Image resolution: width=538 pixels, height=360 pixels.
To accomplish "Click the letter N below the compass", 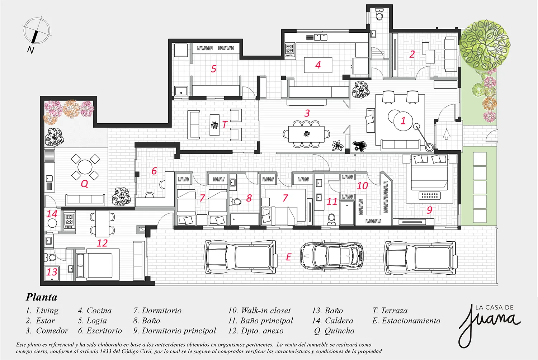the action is (x=30, y=50).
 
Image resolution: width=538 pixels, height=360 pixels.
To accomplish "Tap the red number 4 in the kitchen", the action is (x=318, y=65).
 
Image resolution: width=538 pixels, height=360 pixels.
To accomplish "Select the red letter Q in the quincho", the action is (x=84, y=184).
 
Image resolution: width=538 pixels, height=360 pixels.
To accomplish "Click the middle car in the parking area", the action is (x=331, y=256).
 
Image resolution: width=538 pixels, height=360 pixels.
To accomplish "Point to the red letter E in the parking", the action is (x=288, y=257).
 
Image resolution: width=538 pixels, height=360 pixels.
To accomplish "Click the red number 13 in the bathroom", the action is (x=52, y=272).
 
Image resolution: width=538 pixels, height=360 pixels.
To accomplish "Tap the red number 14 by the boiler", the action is (x=52, y=214).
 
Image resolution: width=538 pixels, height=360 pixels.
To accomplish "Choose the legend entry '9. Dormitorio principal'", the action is (x=175, y=331).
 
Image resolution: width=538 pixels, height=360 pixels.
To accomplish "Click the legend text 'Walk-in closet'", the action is (x=266, y=311).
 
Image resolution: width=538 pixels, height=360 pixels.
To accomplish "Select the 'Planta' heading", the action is (x=42, y=297).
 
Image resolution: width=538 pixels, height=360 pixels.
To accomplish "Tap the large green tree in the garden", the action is (x=485, y=45).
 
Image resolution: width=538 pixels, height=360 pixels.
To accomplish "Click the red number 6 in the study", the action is (x=154, y=171).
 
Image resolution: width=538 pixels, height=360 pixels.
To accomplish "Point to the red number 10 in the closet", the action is (x=362, y=186).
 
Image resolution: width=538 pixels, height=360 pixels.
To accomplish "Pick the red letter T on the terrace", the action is (x=225, y=124).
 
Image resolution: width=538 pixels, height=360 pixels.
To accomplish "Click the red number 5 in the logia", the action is (x=213, y=69).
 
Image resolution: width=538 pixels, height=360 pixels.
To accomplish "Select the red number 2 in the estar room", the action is (x=412, y=54).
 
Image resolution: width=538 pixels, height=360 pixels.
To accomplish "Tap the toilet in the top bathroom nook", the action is (x=379, y=15).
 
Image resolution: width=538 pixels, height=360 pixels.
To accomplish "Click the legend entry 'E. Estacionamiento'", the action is (x=406, y=321).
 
